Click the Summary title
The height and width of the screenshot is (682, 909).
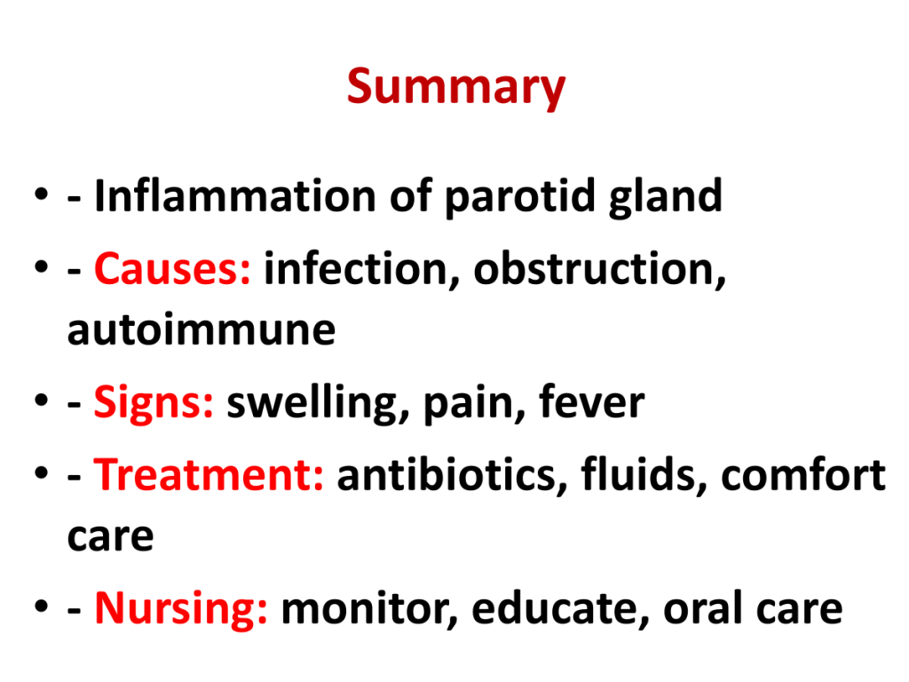[455, 87]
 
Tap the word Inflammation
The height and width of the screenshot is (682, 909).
[235, 195]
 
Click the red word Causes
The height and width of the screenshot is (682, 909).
[172, 269]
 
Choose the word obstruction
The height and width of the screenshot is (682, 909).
[599, 269]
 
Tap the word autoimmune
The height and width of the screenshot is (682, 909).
[202, 329]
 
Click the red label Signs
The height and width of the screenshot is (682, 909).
[154, 403]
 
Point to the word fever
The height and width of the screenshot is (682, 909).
[591, 400]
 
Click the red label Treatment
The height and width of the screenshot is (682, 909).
[209, 474]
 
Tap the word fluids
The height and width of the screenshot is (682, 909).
[644, 474]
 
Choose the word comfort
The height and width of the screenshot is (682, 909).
[803, 473]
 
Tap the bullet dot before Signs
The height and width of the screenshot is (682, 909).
[41, 400]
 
